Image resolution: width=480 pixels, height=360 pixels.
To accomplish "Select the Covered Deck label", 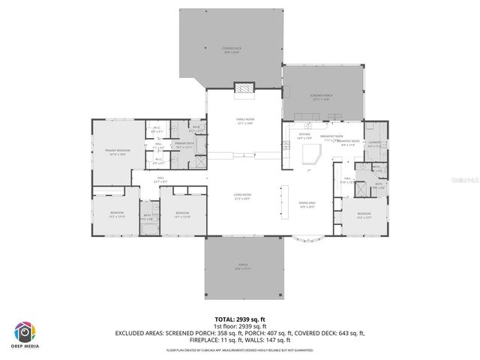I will coord(231,50).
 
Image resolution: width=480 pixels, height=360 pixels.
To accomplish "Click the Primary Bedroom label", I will coord(118,151).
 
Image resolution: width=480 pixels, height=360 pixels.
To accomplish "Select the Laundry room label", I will coord(375,145).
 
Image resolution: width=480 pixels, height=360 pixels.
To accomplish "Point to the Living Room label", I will coord(241,197).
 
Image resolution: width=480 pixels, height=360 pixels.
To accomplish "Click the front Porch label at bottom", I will coord(243,266).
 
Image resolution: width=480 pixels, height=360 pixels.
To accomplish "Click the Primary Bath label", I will coord(184,144).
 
